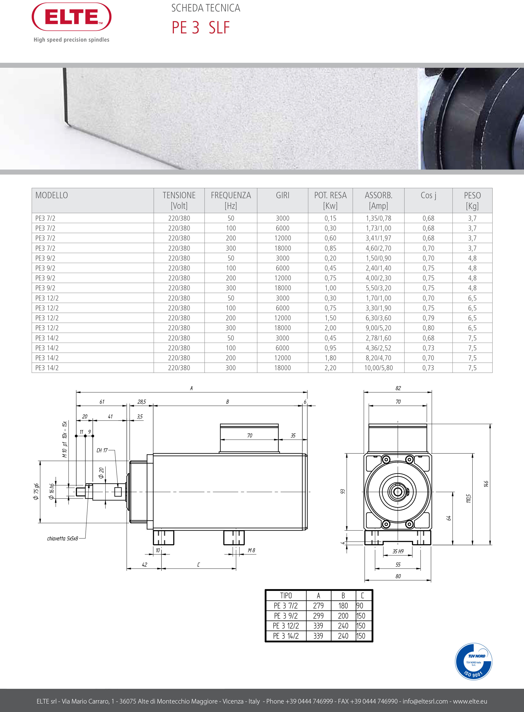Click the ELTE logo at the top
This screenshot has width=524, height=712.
pyautogui.click(x=71, y=17)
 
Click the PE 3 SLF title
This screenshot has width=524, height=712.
pyautogui.click(x=201, y=28)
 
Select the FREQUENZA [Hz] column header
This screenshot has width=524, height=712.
pyautogui.click(x=231, y=200)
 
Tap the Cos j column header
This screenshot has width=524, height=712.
pyautogui.click(x=428, y=195)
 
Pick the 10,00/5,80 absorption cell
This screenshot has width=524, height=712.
pyautogui.click(x=378, y=368)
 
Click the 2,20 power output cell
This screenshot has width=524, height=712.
pyautogui.click(x=330, y=368)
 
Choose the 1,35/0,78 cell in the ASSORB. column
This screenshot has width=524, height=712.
pyautogui.click(x=378, y=218)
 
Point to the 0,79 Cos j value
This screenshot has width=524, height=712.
pyautogui.click(x=428, y=318)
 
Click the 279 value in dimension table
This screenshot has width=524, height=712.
pyautogui.click(x=318, y=606)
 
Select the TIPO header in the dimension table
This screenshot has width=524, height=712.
pyautogui.click(x=286, y=596)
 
